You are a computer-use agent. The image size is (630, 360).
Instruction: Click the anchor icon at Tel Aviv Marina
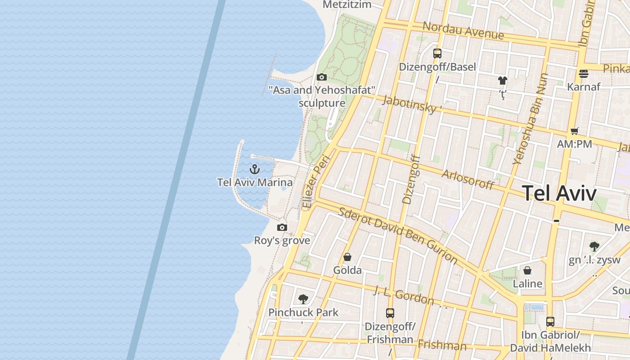pos(255,169)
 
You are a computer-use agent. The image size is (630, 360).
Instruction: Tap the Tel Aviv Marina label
pos(255,182)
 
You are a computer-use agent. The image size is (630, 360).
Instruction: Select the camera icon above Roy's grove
pos(282,227)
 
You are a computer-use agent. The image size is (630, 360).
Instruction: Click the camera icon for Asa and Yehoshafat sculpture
pos(321,77)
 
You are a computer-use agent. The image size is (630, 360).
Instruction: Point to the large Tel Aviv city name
pos(559,193)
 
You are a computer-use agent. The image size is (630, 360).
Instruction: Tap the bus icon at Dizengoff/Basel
pos(437,54)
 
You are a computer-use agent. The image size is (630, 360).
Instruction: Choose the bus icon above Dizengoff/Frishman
pos(390,313)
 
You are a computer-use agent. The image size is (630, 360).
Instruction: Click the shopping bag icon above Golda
pos(347,257)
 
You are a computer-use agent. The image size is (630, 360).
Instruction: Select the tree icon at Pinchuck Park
pos(303,299)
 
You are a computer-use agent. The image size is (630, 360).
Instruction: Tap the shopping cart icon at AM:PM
pos(574,131)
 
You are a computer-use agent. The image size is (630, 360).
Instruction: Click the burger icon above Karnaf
pos(584,73)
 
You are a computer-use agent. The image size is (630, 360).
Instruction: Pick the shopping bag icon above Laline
pos(527,270)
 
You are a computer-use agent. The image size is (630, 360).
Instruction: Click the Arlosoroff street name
pos(468,180)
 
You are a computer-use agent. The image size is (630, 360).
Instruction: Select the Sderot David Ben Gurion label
pos(398,235)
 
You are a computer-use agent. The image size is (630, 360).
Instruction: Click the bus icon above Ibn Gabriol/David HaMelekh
pos(550,322)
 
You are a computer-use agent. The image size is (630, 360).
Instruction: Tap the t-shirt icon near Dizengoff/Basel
pos(503,81)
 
